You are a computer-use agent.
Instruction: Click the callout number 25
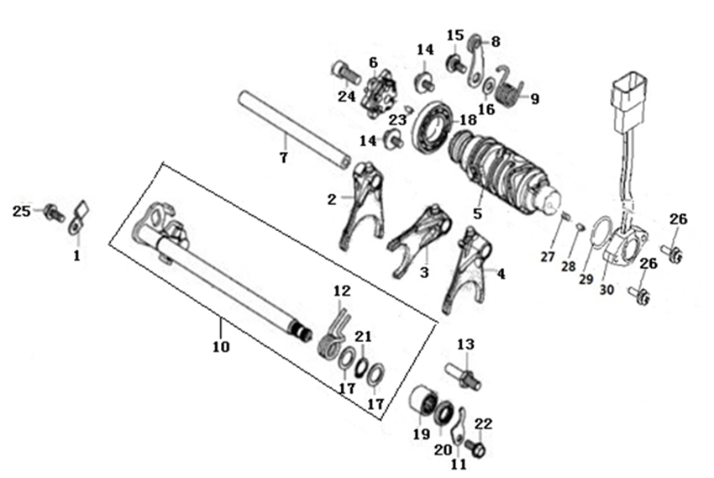21,211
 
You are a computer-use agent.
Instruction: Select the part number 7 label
284,157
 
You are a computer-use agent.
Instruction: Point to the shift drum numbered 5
505,175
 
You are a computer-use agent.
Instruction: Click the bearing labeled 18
433,127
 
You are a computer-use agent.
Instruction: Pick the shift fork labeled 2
365,206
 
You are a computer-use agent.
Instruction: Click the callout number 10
221,347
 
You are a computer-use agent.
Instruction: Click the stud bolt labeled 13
463,375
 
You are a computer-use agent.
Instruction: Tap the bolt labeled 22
475,448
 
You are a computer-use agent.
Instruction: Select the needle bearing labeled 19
423,400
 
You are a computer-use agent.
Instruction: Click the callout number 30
606,289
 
